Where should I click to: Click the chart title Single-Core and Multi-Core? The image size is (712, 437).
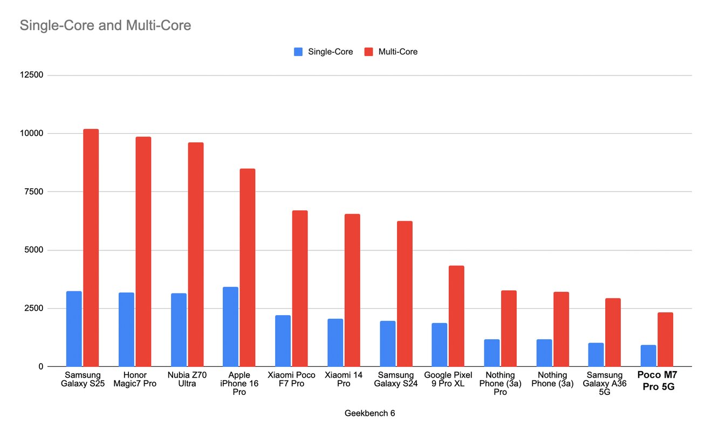pos(105,25)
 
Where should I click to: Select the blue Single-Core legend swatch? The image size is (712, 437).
pos(298,52)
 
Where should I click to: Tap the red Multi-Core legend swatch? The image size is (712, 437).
pos(369,52)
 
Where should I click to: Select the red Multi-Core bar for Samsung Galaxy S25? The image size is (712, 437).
pos(91,248)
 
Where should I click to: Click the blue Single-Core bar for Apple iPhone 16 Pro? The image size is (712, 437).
pos(230,327)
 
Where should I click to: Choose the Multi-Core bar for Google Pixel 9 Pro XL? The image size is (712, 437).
pos(456,316)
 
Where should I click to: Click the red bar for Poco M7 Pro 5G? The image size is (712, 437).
pos(665,339)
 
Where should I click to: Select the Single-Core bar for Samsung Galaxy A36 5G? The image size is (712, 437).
pos(596,354)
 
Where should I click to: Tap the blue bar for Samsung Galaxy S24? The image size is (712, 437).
pos(387,344)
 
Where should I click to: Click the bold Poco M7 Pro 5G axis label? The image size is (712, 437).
pos(657,379)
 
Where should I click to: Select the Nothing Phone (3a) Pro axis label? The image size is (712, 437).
pos(500,384)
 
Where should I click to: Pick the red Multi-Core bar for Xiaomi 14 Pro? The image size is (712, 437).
pos(352,290)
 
